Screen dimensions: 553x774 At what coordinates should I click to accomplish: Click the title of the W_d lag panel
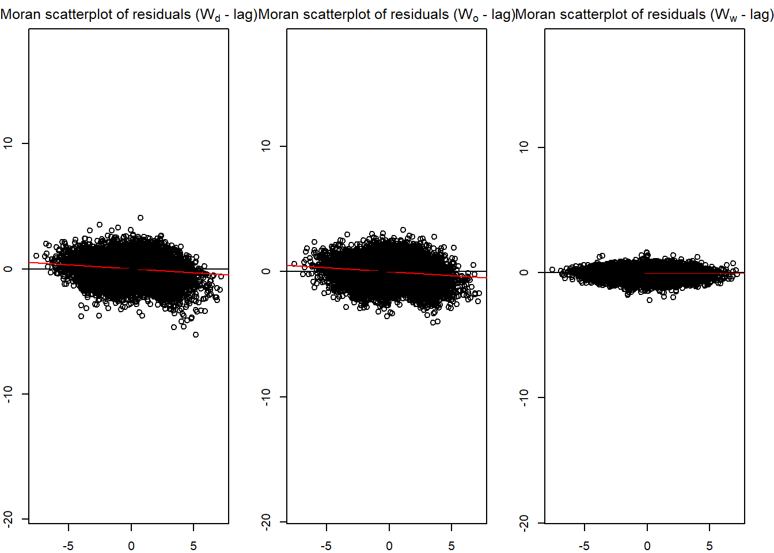pyautogui.click(x=128, y=14)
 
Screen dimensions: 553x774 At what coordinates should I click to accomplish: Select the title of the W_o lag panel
pyautogui.click(x=386, y=14)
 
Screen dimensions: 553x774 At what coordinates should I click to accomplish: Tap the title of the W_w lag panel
pyautogui.click(x=644, y=14)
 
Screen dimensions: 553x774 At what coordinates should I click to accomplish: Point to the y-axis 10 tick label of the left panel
pyautogui.click(x=8, y=143)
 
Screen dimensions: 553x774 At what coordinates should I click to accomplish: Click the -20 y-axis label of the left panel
pyautogui.click(x=8, y=519)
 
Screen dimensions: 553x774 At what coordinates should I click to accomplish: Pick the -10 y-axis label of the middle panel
pyautogui.click(x=265, y=397)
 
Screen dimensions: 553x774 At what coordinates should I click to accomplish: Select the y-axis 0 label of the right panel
pyautogui.click(x=523, y=272)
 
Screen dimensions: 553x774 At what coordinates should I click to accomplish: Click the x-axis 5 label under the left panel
pyautogui.click(x=193, y=546)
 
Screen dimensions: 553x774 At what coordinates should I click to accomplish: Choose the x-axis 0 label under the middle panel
pyautogui.click(x=389, y=546)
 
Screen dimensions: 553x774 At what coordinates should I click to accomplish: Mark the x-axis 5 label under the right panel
pyautogui.click(x=709, y=546)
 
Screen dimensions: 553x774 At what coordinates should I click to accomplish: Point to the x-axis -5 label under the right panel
pyautogui.click(x=584, y=546)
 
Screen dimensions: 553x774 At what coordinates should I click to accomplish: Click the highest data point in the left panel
pyautogui.click(x=141, y=218)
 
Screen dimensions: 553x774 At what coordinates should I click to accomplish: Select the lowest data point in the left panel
pyautogui.click(x=196, y=335)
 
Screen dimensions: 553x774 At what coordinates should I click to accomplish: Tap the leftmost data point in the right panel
pyautogui.click(x=552, y=270)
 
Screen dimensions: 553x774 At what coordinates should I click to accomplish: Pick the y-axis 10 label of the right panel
pyautogui.click(x=523, y=147)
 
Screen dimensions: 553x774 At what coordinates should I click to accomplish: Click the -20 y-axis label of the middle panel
pyautogui.click(x=265, y=522)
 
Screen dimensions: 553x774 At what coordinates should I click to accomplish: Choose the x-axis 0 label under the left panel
pyautogui.click(x=131, y=546)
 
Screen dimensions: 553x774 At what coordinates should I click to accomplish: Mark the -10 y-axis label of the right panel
pyautogui.click(x=523, y=397)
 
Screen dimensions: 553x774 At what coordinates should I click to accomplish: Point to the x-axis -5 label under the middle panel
pyautogui.click(x=326, y=546)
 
